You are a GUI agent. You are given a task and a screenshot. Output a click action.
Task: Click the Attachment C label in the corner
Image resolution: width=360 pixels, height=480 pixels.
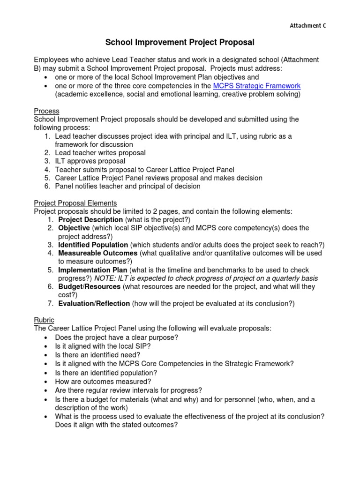click(x=307, y=26)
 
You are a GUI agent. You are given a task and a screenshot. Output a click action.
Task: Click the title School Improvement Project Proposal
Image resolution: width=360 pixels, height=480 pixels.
click(x=180, y=43)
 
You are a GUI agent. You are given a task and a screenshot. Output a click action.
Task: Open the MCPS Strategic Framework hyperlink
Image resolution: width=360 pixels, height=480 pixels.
click(x=256, y=86)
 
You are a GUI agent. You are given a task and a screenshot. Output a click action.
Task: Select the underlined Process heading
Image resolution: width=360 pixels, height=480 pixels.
click(x=46, y=111)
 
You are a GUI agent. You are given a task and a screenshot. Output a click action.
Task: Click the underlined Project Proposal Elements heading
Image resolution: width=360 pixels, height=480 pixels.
click(x=75, y=203)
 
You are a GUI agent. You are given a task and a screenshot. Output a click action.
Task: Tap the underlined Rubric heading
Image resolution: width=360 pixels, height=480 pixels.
click(x=44, y=320)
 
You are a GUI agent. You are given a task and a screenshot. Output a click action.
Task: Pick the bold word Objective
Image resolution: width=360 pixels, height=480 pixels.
click(x=74, y=228)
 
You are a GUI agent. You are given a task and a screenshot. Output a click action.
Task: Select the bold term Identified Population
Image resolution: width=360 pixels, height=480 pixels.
click(x=93, y=245)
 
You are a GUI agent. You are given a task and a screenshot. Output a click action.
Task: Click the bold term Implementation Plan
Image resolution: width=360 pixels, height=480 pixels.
click(x=92, y=270)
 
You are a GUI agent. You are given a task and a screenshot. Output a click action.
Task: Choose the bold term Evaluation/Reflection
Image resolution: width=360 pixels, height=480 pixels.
click(x=94, y=304)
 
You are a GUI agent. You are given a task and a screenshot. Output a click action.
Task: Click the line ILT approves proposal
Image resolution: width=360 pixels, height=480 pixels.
click(x=90, y=161)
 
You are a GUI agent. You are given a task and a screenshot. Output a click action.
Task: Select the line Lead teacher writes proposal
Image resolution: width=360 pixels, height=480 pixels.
click(x=100, y=153)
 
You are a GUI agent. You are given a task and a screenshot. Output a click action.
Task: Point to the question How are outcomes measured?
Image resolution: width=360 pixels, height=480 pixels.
click(x=103, y=382)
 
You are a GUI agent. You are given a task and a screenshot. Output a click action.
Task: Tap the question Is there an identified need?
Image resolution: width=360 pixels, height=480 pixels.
click(x=97, y=355)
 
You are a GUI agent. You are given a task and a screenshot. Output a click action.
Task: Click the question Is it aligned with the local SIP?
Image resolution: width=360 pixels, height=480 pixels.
click(x=103, y=346)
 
